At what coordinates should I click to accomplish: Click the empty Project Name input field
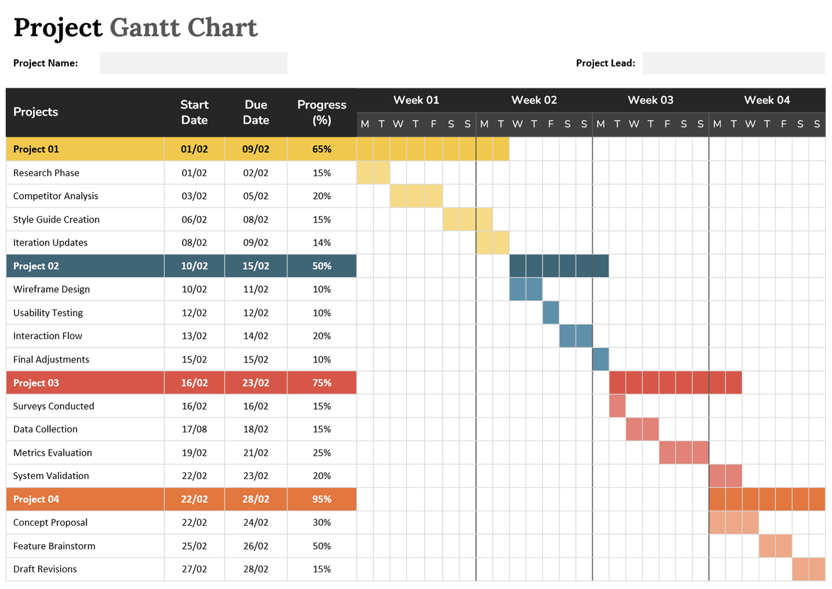(194, 63)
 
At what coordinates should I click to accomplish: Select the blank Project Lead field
(733, 63)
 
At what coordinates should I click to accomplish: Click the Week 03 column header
(650, 100)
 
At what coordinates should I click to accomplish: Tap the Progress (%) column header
(322, 112)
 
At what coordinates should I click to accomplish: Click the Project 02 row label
(36, 266)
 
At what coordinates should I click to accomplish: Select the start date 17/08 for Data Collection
(194, 429)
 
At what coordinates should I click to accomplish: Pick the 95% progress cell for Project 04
(322, 499)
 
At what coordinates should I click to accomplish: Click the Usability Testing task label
(48, 313)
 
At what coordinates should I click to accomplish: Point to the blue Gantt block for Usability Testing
(551, 313)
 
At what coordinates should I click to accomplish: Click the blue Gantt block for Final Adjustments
(601, 359)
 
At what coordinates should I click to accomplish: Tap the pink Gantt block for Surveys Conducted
(617, 406)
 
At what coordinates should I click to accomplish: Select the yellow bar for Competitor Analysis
(416, 196)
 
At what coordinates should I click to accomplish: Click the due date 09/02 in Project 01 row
(256, 149)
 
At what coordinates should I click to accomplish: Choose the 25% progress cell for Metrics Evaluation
(322, 452)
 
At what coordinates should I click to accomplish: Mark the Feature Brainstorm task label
(54, 546)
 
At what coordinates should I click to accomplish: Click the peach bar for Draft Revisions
(809, 569)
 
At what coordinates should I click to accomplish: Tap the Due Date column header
(256, 112)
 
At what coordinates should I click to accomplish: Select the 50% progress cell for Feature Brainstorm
(322, 546)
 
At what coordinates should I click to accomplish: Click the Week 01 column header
(416, 100)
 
